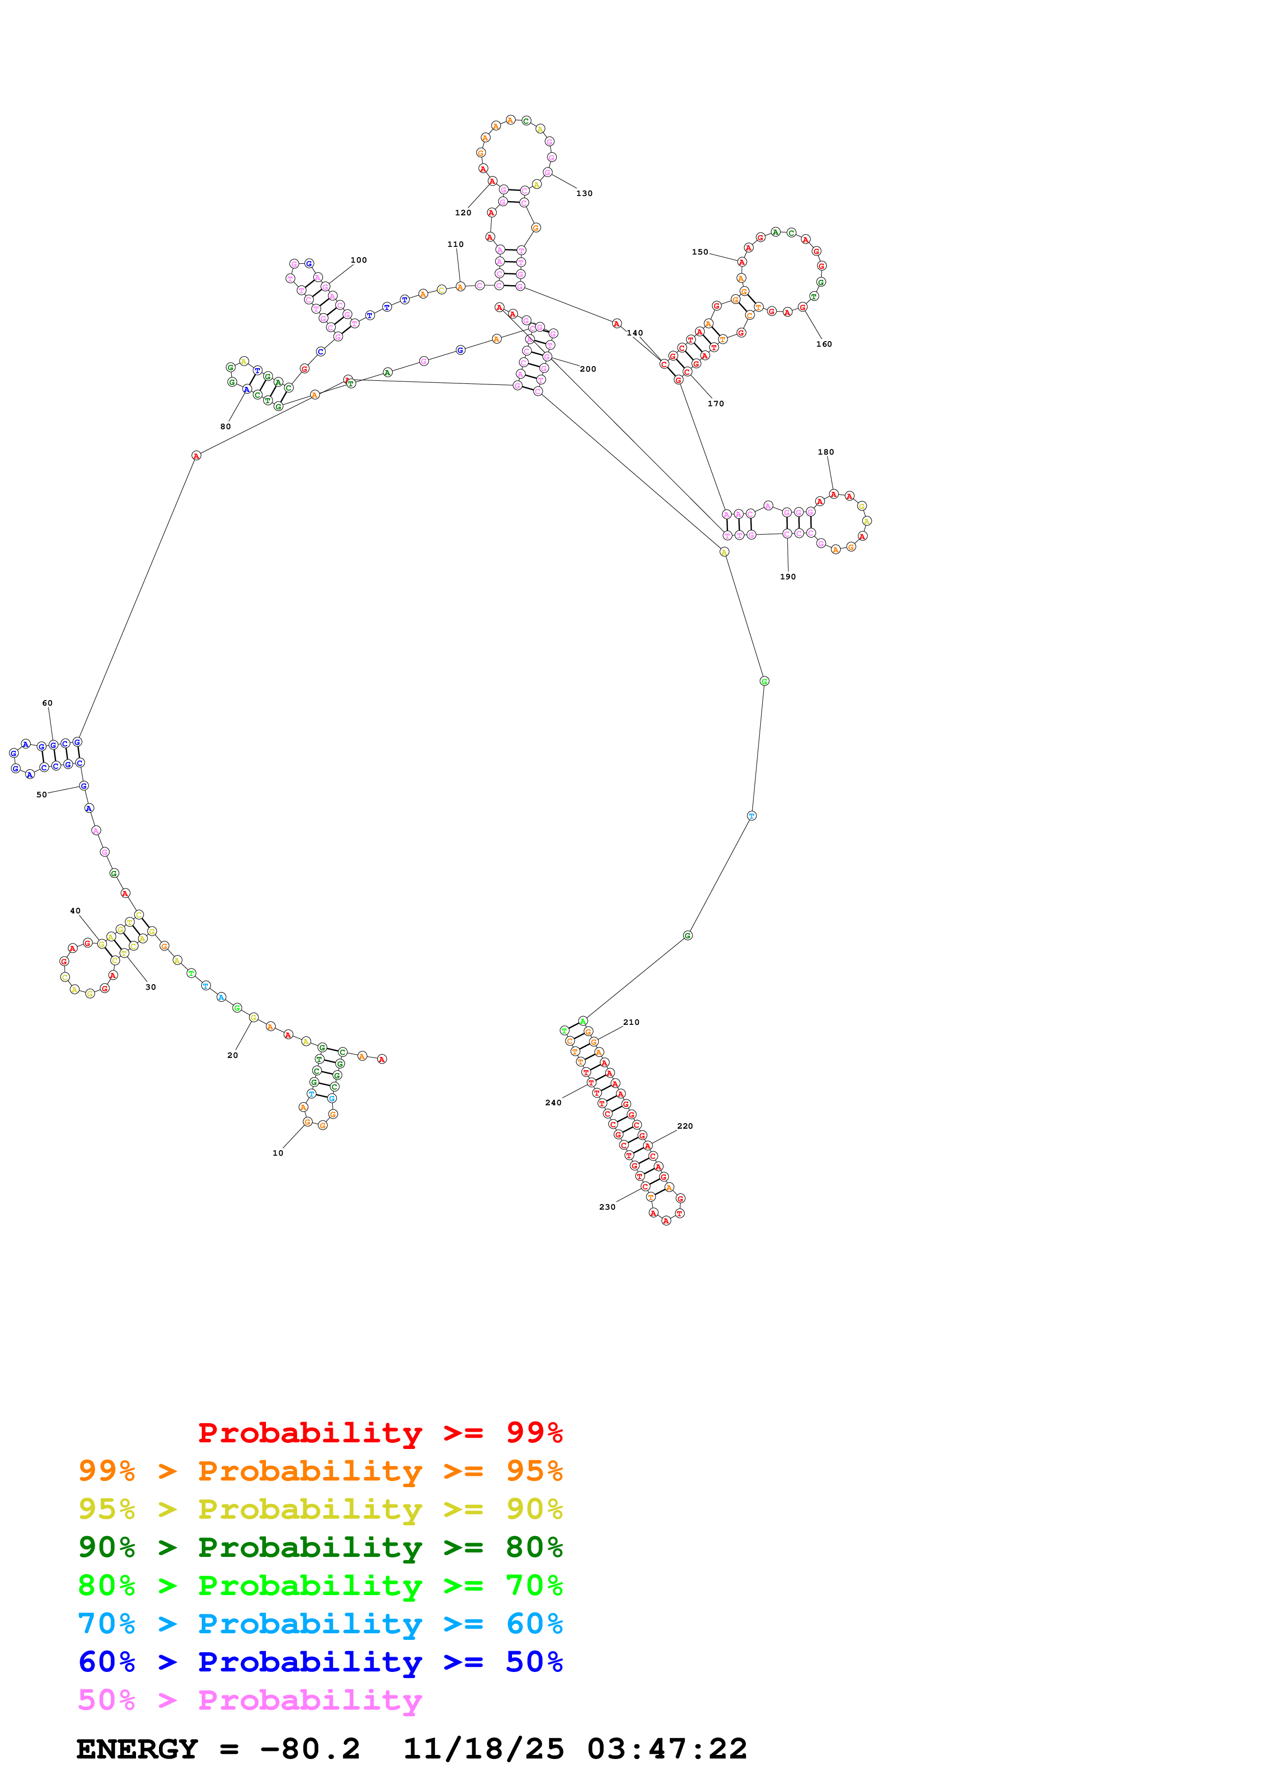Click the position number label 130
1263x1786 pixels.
584,193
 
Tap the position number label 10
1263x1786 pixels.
278,1153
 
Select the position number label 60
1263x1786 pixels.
47,703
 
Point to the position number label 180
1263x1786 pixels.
826,452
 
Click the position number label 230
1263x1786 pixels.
607,1207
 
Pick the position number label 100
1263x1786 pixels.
359,261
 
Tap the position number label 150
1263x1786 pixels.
700,252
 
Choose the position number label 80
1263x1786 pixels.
226,426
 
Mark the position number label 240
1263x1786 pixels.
553,1102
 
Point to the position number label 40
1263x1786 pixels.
75,911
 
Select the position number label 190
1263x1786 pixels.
788,576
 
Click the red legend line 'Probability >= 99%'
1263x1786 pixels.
380,1432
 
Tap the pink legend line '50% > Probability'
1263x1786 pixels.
250,1699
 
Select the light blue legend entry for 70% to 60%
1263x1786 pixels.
320,1624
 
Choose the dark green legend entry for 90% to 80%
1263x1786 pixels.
320,1547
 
